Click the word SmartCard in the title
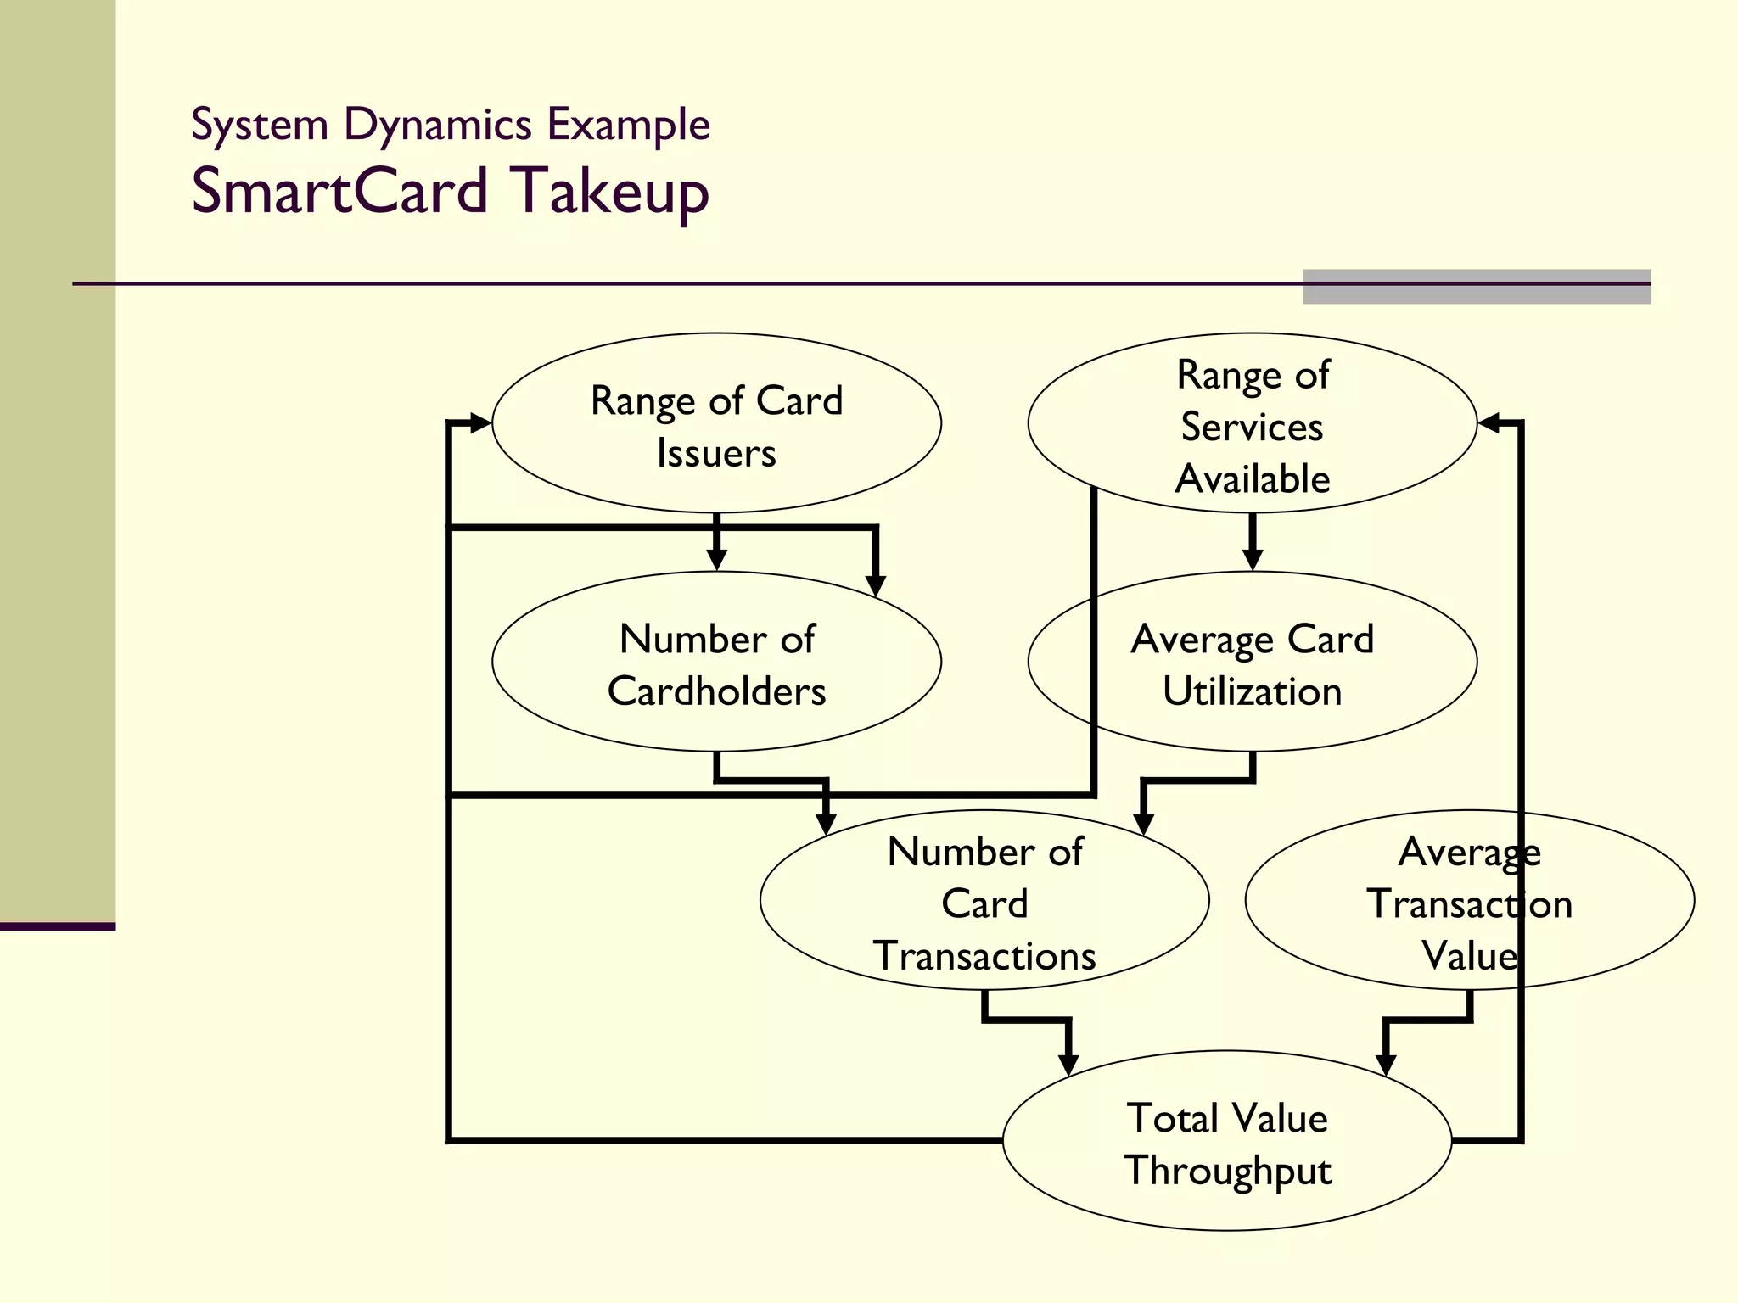pyautogui.click(x=339, y=191)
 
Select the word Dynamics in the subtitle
pyautogui.click(x=437, y=126)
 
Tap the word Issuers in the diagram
pyautogui.click(x=716, y=453)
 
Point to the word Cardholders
pyautogui.click(x=716, y=691)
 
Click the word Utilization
pyautogui.click(x=1252, y=691)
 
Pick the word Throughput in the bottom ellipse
pyautogui.click(x=1227, y=1172)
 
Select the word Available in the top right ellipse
pyautogui.click(x=1252, y=479)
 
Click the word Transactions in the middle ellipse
pyautogui.click(x=984, y=956)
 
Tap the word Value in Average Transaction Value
pyautogui.click(x=1469, y=956)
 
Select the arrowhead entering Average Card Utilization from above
pyautogui.click(x=1253, y=560)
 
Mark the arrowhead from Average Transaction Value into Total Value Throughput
pyautogui.click(x=1386, y=1065)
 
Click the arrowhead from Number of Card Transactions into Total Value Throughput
pyautogui.click(x=1068, y=1065)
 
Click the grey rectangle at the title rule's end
pyautogui.click(x=1477, y=287)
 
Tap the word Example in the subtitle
pyautogui.click(x=628, y=125)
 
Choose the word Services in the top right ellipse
pyautogui.click(x=1252, y=427)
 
